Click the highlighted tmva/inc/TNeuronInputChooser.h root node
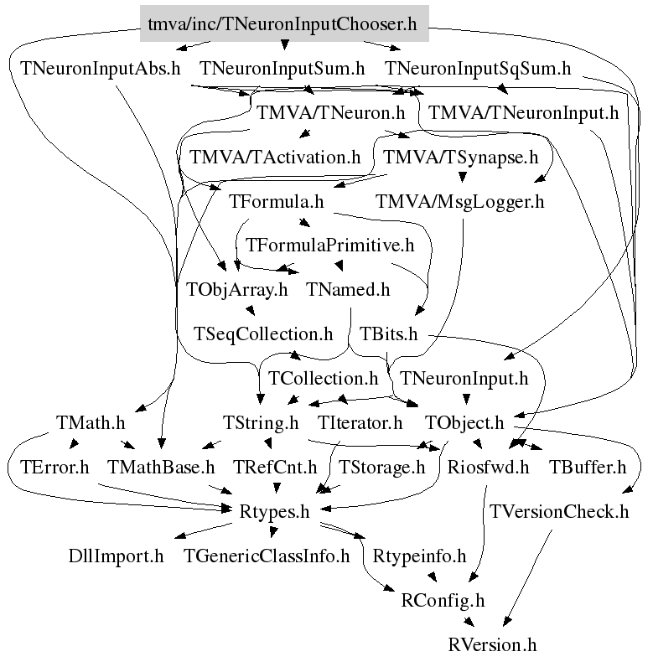tap(283, 23)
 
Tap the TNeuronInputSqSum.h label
tap(478, 68)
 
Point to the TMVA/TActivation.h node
tap(275, 157)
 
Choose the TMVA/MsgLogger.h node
tap(460, 201)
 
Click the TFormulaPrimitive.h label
tap(330, 246)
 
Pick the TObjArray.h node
tap(236, 290)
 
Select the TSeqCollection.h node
tap(263, 334)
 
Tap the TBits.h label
tap(388, 334)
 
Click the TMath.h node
tap(91, 422)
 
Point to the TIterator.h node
tap(360, 422)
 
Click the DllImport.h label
tap(117, 556)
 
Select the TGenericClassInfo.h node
tap(267, 556)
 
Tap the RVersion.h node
tap(492, 644)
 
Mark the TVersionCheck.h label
tap(559, 511)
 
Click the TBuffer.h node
tap(588, 467)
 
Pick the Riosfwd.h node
tap(489, 467)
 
